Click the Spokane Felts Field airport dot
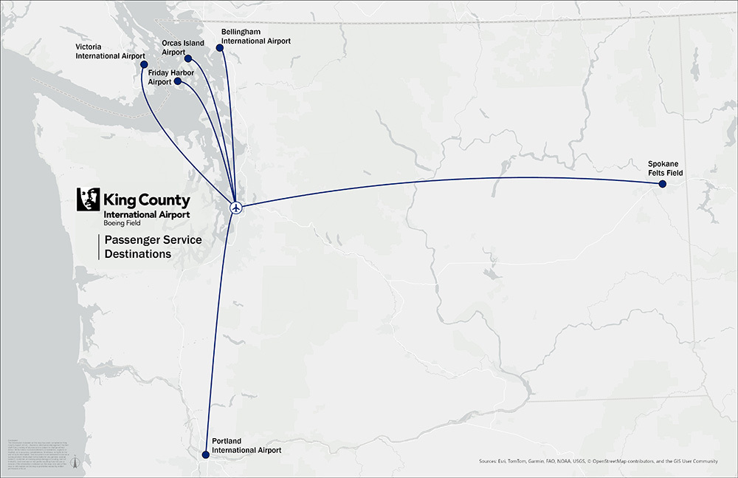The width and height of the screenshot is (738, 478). (x=662, y=184)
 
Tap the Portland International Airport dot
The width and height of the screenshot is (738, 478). (x=206, y=455)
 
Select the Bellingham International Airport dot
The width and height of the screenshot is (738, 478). (x=219, y=49)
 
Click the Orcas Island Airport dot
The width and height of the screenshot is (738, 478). (x=188, y=58)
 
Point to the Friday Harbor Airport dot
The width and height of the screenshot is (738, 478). (x=178, y=82)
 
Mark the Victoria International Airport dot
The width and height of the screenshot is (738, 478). (x=144, y=64)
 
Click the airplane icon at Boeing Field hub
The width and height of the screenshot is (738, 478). (x=236, y=207)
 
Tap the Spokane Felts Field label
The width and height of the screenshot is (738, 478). (x=665, y=168)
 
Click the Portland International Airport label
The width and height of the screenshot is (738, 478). (x=246, y=445)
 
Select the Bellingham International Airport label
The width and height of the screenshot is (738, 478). (x=255, y=37)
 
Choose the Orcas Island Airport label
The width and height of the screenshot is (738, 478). (x=182, y=47)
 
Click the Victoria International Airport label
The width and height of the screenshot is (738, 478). (x=110, y=50)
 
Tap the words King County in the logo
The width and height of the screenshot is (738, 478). (x=147, y=200)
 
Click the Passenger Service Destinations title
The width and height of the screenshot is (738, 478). (x=153, y=247)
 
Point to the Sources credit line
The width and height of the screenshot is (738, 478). (x=598, y=462)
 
